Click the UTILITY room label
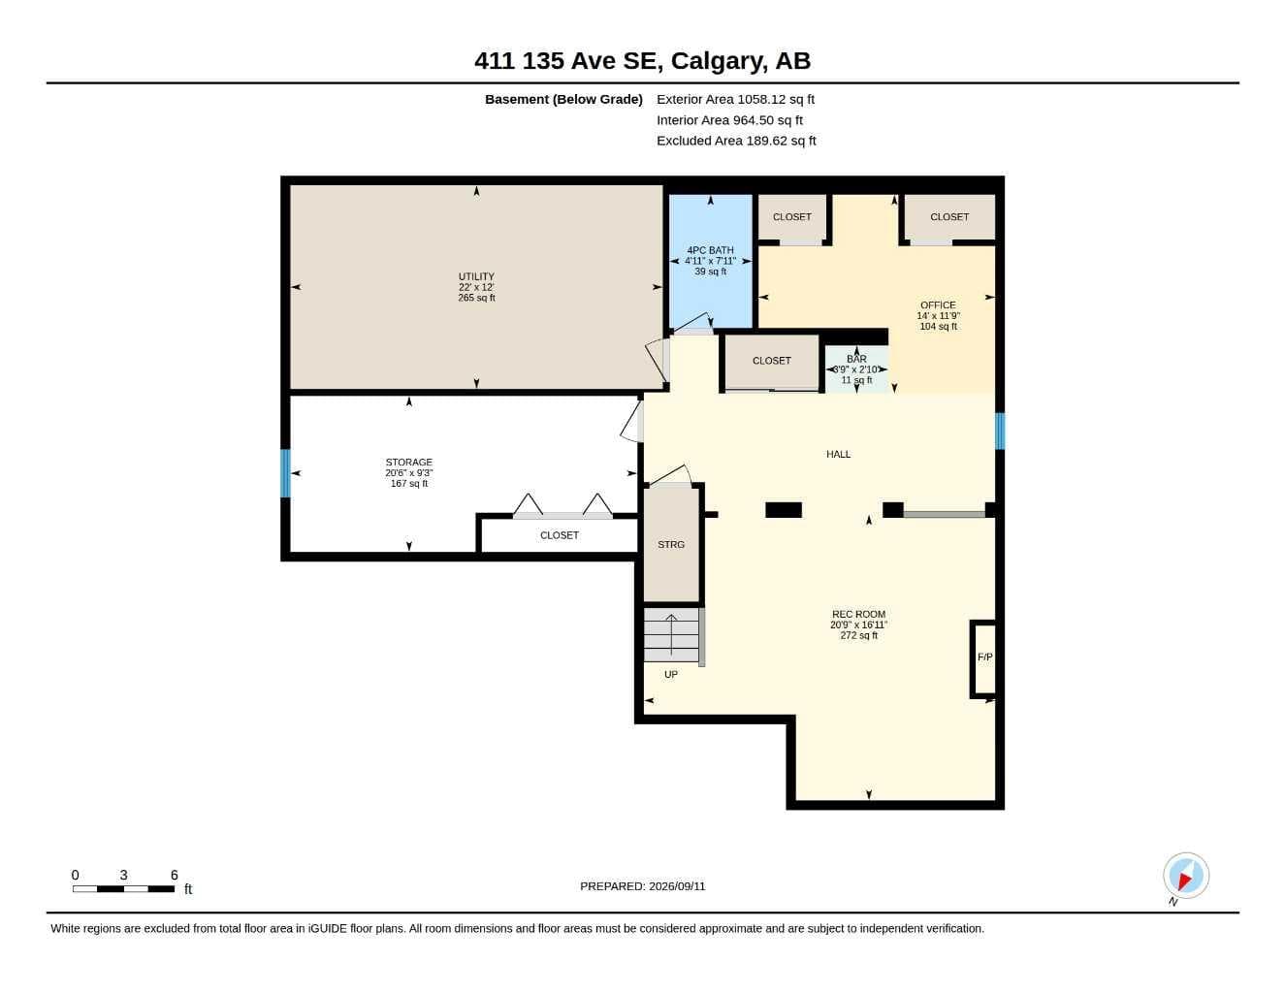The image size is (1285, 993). (476, 276)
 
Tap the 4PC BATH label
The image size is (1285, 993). (710, 250)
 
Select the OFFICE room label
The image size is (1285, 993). (938, 305)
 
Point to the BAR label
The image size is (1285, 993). (856, 359)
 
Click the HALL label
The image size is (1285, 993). (838, 454)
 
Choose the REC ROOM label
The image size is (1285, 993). (858, 614)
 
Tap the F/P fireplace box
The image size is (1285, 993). (984, 658)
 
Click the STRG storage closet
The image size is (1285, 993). (671, 544)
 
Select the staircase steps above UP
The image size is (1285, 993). (672, 635)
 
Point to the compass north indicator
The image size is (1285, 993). (1186, 876)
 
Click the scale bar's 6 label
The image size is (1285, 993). (174, 875)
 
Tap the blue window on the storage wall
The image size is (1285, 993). (285, 473)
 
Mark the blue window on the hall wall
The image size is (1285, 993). (999, 431)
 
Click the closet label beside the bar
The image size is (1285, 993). (771, 361)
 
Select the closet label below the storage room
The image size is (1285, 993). (559, 535)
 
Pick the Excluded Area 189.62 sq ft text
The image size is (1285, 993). (736, 141)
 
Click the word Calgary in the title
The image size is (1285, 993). (716, 61)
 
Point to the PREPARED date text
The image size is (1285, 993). (642, 886)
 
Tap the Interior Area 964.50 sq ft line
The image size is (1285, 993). (729, 120)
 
